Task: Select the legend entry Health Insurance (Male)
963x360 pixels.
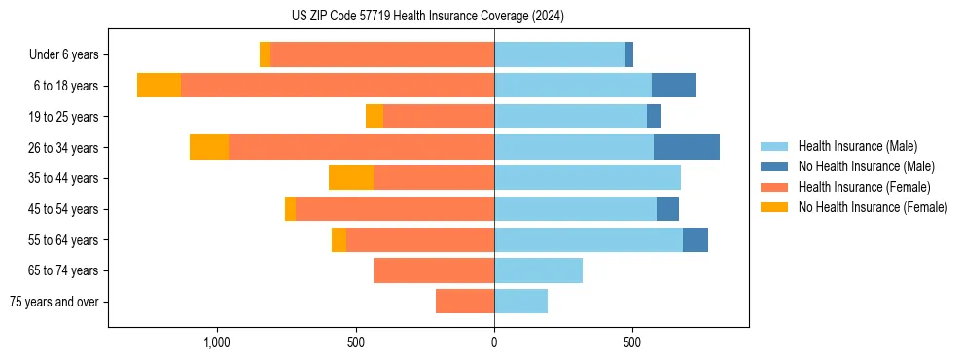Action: point(857,146)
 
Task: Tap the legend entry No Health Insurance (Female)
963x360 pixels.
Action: point(873,207)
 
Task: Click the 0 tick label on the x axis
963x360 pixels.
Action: point(494,342)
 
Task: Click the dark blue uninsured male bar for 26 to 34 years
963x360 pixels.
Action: point(687,147)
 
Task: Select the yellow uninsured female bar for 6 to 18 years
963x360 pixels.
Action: point(159,86)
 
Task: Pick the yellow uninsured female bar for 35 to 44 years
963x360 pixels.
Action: point(351,178)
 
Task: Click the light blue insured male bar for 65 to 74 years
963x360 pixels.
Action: point(538,270)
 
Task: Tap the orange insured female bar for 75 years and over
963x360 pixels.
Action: point(465,302)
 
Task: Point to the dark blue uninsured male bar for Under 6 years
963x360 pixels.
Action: point(629,54)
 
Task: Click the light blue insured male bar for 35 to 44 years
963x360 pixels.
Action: point(588,178)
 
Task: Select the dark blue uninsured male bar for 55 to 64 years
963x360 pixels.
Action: point(695,239)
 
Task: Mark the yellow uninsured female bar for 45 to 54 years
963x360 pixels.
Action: point(290,209)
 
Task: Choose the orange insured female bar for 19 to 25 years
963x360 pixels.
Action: point(439,117)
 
